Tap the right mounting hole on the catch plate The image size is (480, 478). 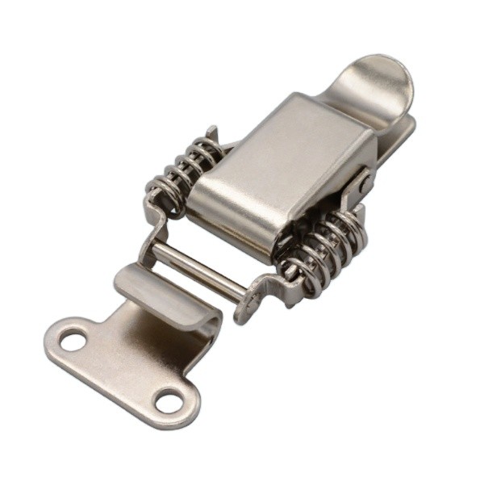[170, 399]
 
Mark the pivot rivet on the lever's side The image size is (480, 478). [366, 185]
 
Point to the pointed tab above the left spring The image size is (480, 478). [212, 134]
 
